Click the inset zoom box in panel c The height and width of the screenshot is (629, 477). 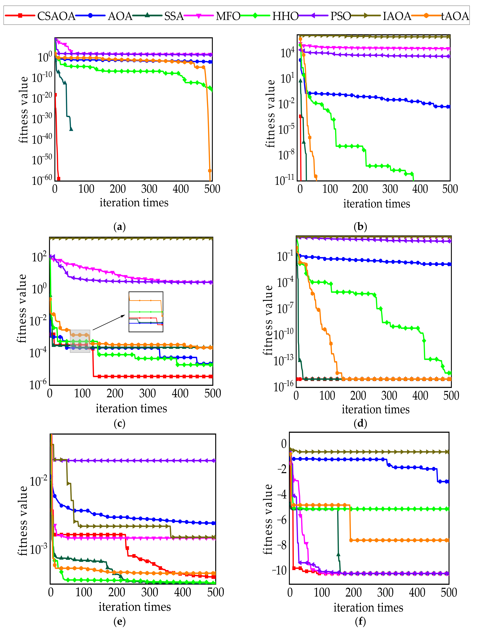(146, 312)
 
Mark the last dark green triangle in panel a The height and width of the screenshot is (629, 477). (71, 129)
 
